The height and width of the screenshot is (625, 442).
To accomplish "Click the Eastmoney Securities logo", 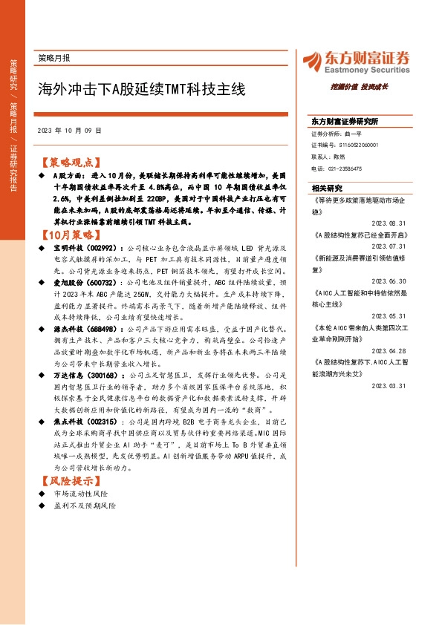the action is click(x=354, y=61).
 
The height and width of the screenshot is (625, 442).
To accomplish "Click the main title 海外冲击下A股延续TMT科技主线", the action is click(x=141, y=90).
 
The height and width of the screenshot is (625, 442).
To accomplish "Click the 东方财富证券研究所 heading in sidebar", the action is click(x=345, y=121).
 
